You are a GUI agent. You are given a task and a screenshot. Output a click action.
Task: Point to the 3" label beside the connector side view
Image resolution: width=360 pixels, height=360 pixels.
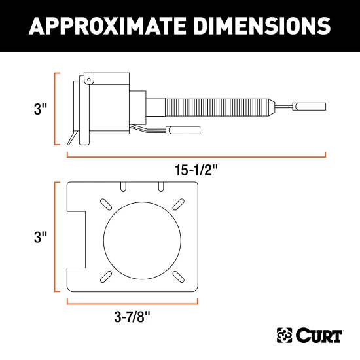coord(41,108)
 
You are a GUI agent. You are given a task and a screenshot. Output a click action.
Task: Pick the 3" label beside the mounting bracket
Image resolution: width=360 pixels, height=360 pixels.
coord(41,236)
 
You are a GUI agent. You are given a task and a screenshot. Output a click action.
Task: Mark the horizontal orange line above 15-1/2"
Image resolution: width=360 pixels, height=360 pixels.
coord(196,156)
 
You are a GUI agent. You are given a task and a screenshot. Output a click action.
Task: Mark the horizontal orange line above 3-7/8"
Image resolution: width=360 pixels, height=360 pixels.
coord(132,302)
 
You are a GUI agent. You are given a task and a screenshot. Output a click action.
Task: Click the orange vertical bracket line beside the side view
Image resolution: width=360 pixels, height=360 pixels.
coord(55,108)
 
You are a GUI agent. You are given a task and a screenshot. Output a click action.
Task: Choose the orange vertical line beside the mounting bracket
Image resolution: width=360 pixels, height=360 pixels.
coord(55,237)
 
